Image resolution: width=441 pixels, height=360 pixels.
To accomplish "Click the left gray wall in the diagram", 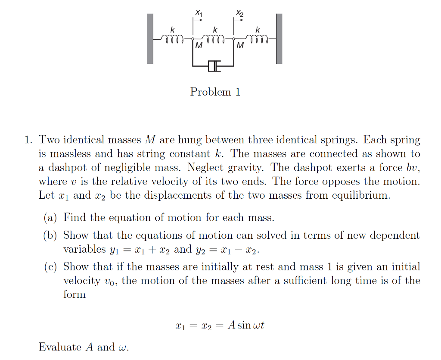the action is pyautogui.click(x=150, y=39).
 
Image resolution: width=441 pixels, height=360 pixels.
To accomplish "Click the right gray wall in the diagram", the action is pyautogui.click(x=279, y=39).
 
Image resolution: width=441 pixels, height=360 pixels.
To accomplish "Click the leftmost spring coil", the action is pyautogui.click(x=172, y=40).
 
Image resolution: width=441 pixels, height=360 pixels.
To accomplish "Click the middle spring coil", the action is pyautogui.click(x=214, y=40).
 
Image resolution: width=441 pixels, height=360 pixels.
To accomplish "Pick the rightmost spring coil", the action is pyautogui.click(x=258, y=40).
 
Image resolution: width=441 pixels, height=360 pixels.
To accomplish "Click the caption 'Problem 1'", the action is pyautogui.click(x=215, y=92).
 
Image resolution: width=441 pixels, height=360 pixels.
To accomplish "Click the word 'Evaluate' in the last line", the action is pyautogui.click(x=59, y=347).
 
